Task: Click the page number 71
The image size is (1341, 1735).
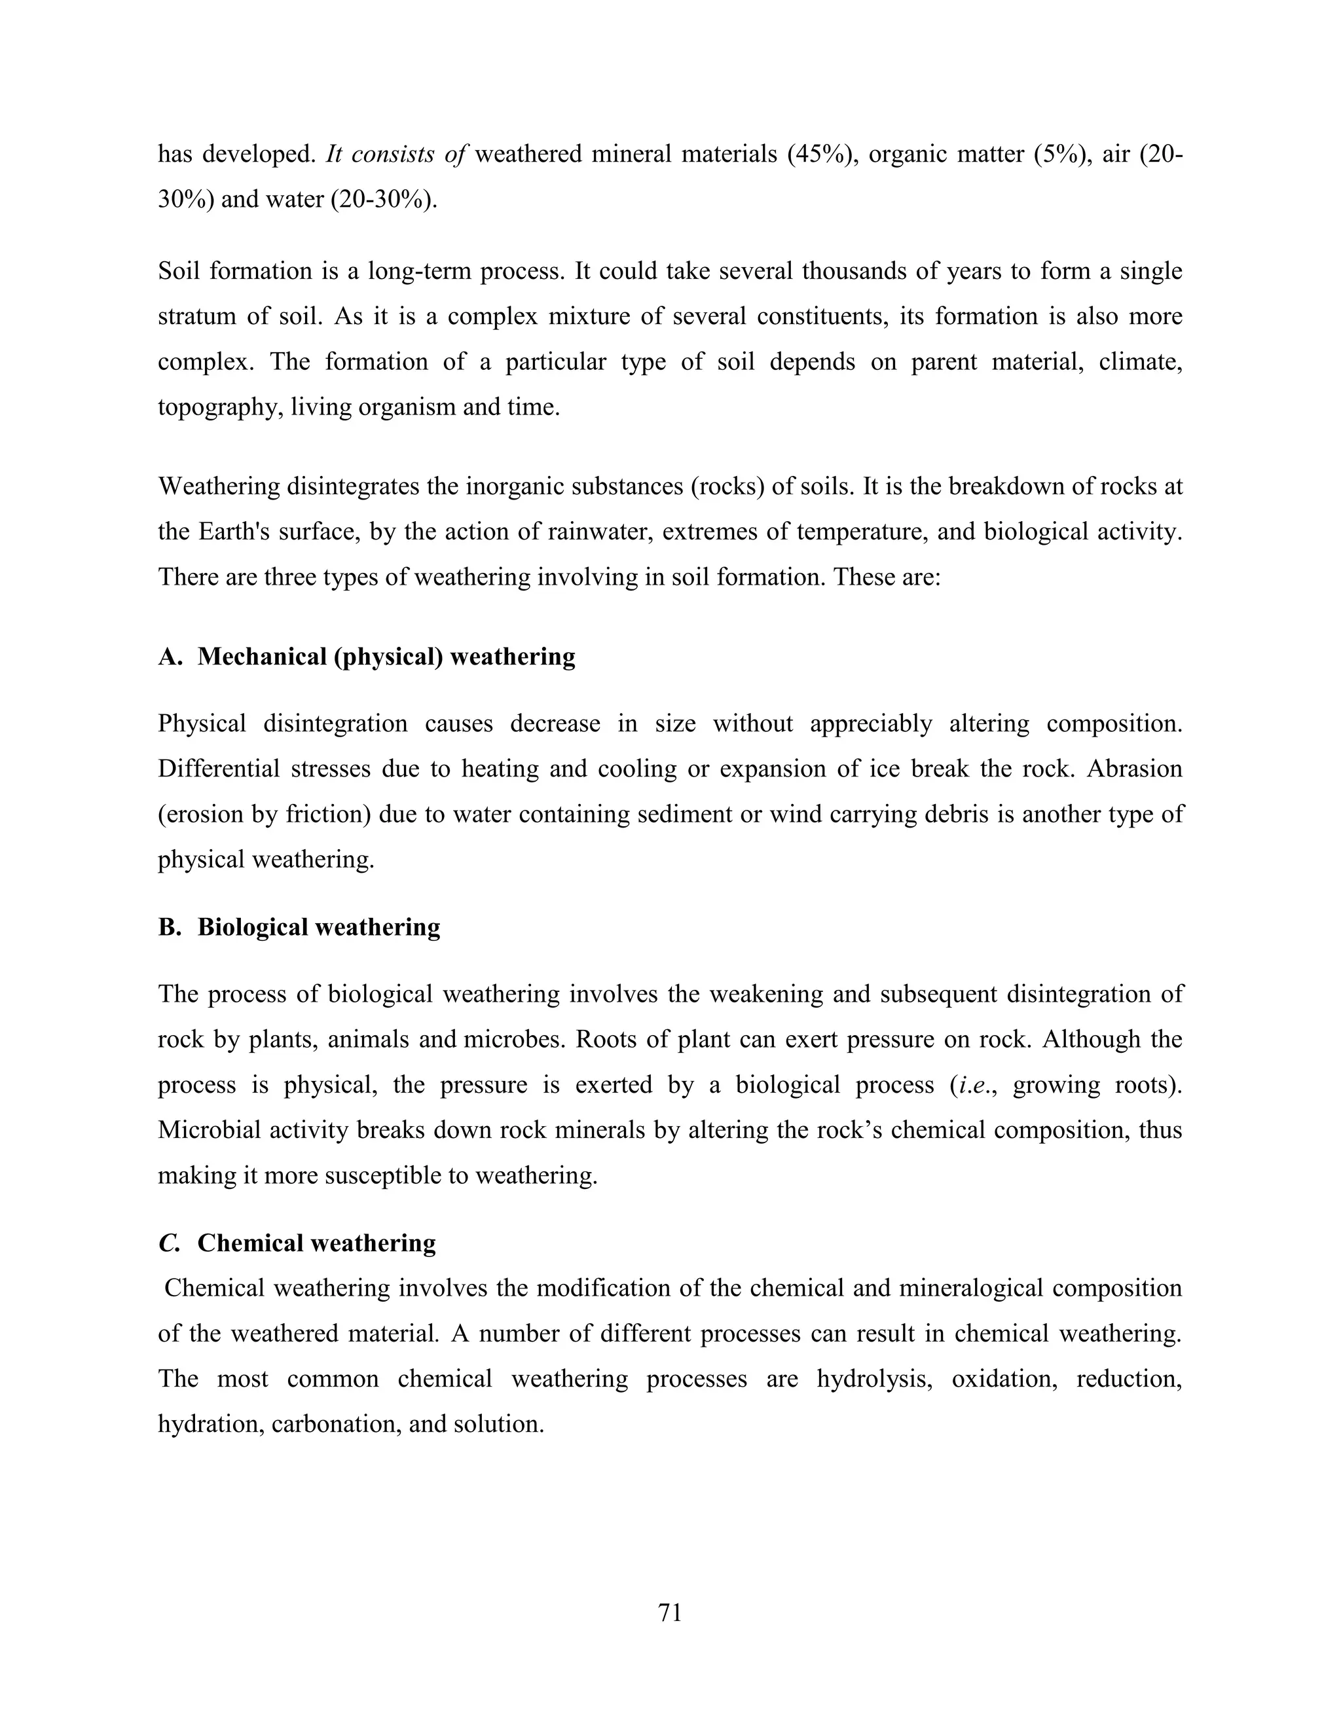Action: tap(670, 1612)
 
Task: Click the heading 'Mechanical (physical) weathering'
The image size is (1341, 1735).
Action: tap(386, 656)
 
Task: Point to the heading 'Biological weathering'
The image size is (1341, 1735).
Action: tap(319, 927)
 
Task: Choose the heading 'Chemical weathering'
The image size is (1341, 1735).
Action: tap(316, 1243)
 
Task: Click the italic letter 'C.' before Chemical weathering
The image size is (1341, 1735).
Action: tap(169, 1243)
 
